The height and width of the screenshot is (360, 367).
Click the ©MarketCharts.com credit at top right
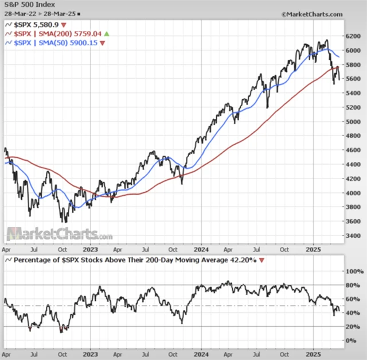pos(312,13)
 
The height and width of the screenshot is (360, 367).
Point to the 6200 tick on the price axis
pos(353,36)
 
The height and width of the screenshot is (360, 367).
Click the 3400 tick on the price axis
pos(353,236)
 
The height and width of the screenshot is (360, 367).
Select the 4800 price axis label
pos(353,136)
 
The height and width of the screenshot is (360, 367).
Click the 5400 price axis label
pos(353,93)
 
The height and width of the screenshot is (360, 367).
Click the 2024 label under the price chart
pos(201,250)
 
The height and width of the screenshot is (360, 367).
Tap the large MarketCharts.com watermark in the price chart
pos(60,234)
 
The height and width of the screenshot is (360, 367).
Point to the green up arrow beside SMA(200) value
pos(106,34)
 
